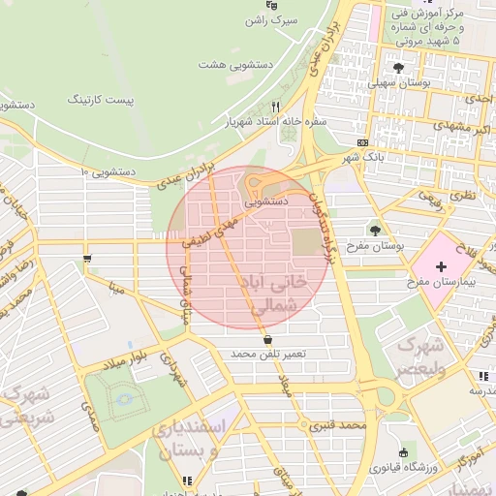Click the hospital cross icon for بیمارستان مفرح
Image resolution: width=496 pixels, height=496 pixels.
tap(442, 265)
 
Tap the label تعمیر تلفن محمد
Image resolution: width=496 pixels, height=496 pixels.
tap(268, 355)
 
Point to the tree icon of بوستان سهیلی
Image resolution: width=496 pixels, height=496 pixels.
tap(399, 67)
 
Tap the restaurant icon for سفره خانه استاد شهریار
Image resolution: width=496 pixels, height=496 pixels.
tap(276, 107)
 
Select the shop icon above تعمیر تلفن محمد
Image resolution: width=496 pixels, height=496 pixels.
tap(268, 340)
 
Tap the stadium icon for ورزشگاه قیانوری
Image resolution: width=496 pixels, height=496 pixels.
tap(404, 452)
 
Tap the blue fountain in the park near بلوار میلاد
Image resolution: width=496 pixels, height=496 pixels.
tap(122, 398)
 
